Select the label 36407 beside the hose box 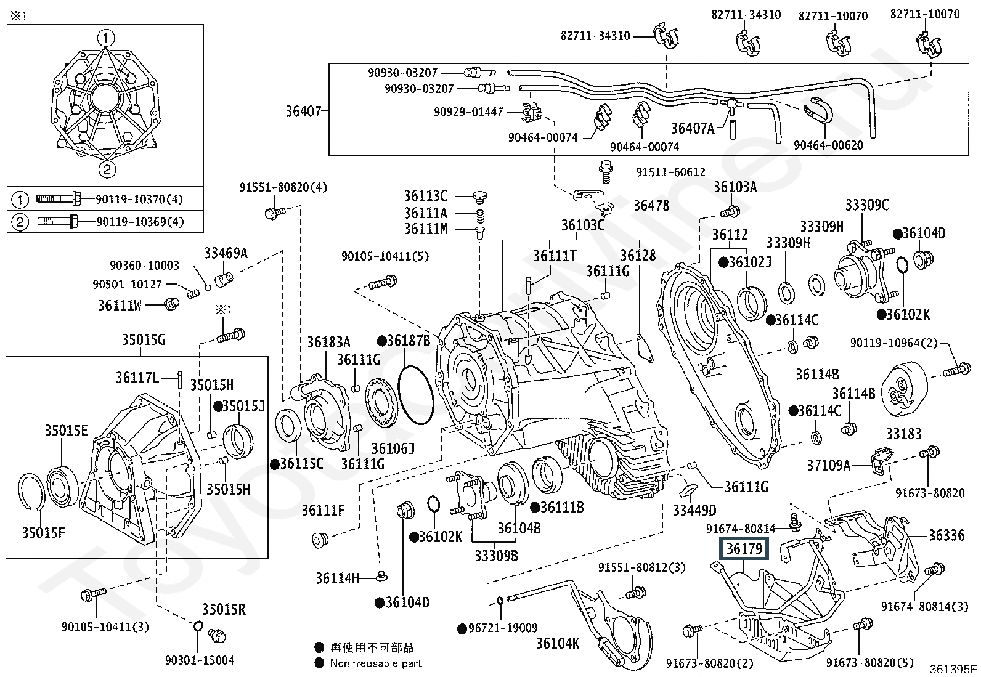tap(303, 111)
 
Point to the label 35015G tap(143, 340)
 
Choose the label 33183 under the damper tap(903, 434)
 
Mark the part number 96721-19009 tap(502, 628)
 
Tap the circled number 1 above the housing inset tap(106, 38)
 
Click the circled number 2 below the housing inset tap(106, 169)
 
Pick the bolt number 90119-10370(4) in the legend tap(139, 200)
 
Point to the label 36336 tap(946, 535)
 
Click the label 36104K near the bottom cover tap(557, 644)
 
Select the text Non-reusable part tap(376, 663)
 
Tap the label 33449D tap(694, 510)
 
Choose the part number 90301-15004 tap(200, 660)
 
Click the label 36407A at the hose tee tap(693, 128)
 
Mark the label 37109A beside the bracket tap(829, 465)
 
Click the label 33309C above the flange tap(866, 205)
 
